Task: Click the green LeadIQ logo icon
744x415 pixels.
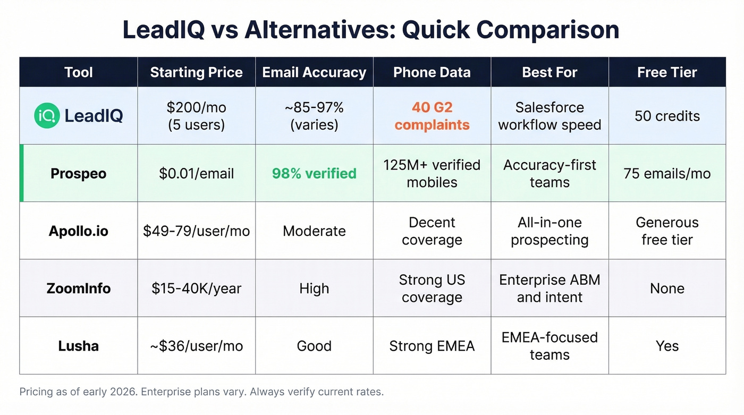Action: point(47,116)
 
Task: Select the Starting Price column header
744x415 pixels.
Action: point(196,72)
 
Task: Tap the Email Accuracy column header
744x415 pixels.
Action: point(314,72)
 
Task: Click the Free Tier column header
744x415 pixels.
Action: point(667,72)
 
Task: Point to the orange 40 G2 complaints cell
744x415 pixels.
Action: point(432,116)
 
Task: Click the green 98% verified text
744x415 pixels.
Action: point(314,173)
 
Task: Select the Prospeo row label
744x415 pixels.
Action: point(79,173)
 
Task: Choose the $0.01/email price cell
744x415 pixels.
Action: point(196,173)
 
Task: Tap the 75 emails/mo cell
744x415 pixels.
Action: point(667,173)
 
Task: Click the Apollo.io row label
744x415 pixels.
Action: point(79,231)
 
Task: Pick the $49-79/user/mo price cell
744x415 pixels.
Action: point(196,231)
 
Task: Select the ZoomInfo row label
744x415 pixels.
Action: point(79,289)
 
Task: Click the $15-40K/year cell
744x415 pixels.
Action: point(196,289)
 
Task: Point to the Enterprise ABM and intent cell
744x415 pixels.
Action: point(549,289)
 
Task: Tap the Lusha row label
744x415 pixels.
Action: point(79,346)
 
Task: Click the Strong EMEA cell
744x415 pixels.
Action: point(432,346)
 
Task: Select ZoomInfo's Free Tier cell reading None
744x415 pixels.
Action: point(667,289)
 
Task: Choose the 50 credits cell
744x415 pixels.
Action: point(667,116)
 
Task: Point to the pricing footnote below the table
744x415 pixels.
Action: point(201,392)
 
